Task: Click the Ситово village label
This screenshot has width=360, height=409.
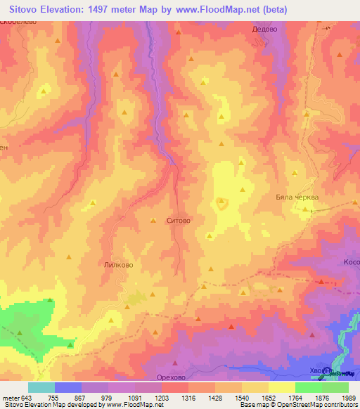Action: coord(179,221)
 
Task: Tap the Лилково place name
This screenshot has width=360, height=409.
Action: coord(119,266)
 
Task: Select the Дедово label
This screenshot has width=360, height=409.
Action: coord(265,30)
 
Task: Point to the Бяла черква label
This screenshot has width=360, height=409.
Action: coord(297,197)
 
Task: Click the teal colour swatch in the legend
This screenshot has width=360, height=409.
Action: coord(41,387)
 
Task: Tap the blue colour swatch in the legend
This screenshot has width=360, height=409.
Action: coord(68,387)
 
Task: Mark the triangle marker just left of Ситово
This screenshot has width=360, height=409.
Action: coord(153,221)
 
